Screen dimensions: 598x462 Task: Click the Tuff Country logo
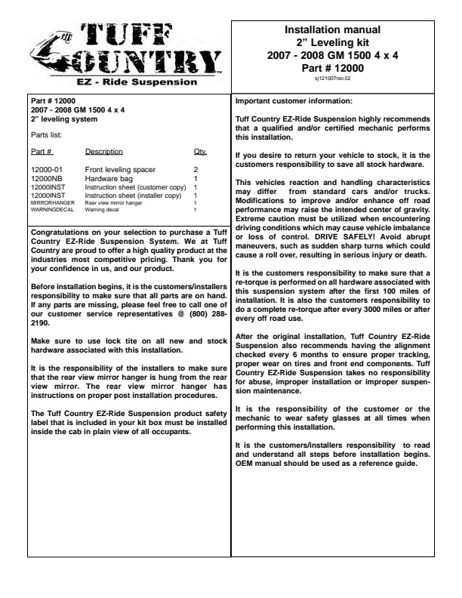click(x=124, y=50)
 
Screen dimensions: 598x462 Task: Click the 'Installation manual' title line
click(x=332, y=30)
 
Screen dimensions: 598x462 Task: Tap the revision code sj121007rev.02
click(x=332, y=77)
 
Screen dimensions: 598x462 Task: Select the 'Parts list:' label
click(x=46, y=136)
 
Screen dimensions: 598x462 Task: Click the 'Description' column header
click(x=104, y=152)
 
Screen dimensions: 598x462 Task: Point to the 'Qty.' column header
click(x=199, y=152)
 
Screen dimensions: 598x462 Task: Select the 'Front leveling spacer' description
click(x=120, y=170)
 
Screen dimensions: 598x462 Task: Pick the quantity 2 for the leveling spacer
click(x=195, y=170)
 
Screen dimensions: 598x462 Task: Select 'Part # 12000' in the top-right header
click(x=332, y=66)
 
